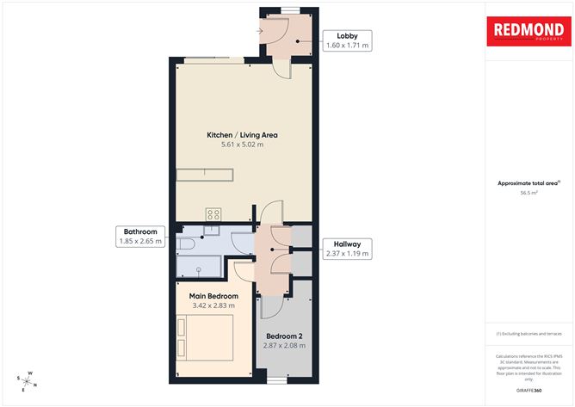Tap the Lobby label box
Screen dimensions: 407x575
[x=346, y=40]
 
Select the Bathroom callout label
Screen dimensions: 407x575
[x=140, y=237]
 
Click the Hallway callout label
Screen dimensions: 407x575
[x=346, y=249]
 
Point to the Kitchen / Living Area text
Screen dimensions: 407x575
[x=242, y=135]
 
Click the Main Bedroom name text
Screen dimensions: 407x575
[x=213, y=296]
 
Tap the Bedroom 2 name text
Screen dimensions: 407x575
[x=284, y=336]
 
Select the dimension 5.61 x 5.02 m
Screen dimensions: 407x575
[x=242, y=145]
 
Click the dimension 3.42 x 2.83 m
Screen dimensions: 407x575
[x=213, y=305]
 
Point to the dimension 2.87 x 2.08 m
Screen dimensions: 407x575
[x=284, y=346]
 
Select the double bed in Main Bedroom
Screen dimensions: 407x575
[x=206, y=335]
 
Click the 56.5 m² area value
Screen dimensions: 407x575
[x=529, y=193]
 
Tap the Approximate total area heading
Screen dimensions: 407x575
[x=528, y=182]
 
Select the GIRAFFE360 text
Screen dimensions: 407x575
[x=529, y=392]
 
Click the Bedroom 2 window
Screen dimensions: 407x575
[x=276, y=379]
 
